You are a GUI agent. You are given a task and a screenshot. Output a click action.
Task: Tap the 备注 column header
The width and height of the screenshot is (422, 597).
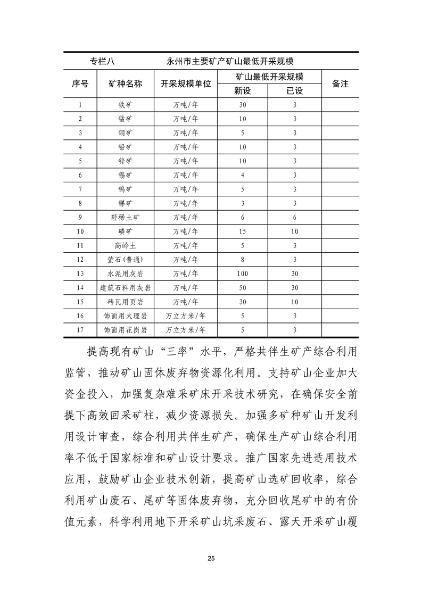pos(340,84)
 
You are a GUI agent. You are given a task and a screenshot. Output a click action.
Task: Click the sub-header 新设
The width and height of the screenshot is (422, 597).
pos(242,91)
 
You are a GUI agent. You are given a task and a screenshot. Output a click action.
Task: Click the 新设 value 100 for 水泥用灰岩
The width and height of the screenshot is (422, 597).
pos(242,273)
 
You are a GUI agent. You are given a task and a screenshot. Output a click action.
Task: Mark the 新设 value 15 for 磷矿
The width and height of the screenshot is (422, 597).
pos(242,231)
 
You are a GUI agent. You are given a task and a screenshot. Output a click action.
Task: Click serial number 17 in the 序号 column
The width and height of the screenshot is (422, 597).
pos(80,330)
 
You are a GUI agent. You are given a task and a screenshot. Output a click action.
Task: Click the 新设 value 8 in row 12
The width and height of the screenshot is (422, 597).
pos(242,260)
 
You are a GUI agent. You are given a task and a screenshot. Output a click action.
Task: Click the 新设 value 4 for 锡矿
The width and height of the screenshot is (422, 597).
pos(242,175)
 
